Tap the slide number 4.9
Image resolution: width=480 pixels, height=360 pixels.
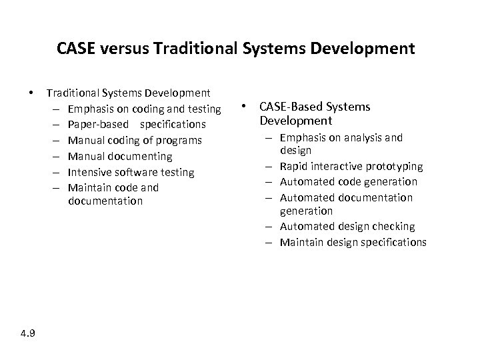pos(28,333)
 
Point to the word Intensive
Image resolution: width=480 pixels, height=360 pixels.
pos(89,172)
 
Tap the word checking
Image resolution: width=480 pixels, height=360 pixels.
pos(393,227)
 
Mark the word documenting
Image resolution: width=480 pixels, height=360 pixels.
pos(137,156)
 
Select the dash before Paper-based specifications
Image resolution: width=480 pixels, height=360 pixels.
pos(53,125)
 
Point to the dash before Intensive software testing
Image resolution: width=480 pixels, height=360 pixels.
pos(53,172)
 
